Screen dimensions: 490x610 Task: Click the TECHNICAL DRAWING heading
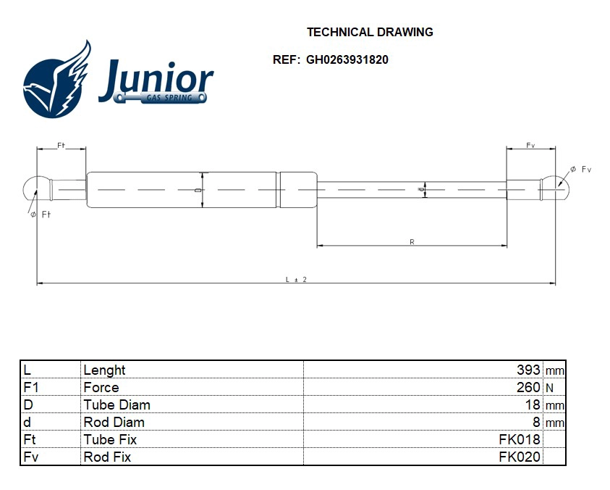(x=370, y=32)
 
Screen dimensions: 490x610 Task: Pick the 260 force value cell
(x=528, y=387)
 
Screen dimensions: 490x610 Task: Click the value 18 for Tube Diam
(x=533, y=404)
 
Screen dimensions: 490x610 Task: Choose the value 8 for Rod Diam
(x=536, y=422)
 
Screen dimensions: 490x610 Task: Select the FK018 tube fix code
(x=520, y=439)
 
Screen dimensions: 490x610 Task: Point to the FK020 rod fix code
(x=520, y=457)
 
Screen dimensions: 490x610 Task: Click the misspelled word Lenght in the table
(x=104, y=370)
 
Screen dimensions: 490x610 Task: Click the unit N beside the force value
(x=549, y=388)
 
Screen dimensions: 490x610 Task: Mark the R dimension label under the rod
(x=412, y=242)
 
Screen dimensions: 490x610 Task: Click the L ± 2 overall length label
(x=296, y=279)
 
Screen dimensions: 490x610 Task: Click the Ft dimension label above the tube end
(x=62, y=146)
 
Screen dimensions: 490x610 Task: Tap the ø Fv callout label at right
(x=580, y=170)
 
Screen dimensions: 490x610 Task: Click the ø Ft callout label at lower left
(x=40, y=215)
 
